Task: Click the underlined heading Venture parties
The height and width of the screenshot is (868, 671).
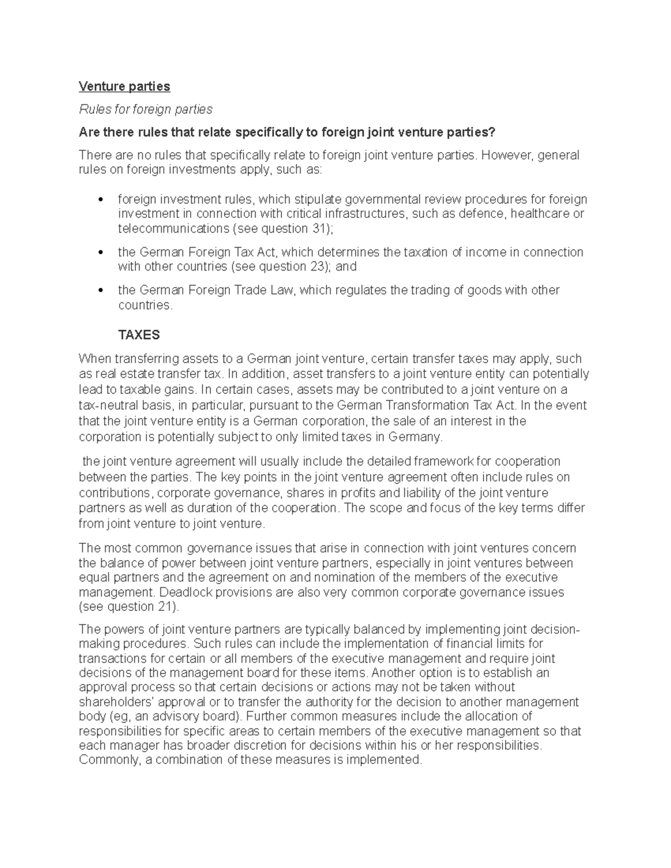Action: pos(124,86)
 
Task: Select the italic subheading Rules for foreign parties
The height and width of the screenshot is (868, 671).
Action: pos(145,109)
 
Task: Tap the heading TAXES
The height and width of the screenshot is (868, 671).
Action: pos(139,335)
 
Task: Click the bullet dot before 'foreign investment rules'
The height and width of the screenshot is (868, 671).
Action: pos(101,200)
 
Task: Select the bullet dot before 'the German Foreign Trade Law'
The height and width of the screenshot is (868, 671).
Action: pos(101,290)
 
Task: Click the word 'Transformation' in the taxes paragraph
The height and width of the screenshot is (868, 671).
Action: pos(431,405)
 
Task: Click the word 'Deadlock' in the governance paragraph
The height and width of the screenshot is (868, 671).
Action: pos(186,592)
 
